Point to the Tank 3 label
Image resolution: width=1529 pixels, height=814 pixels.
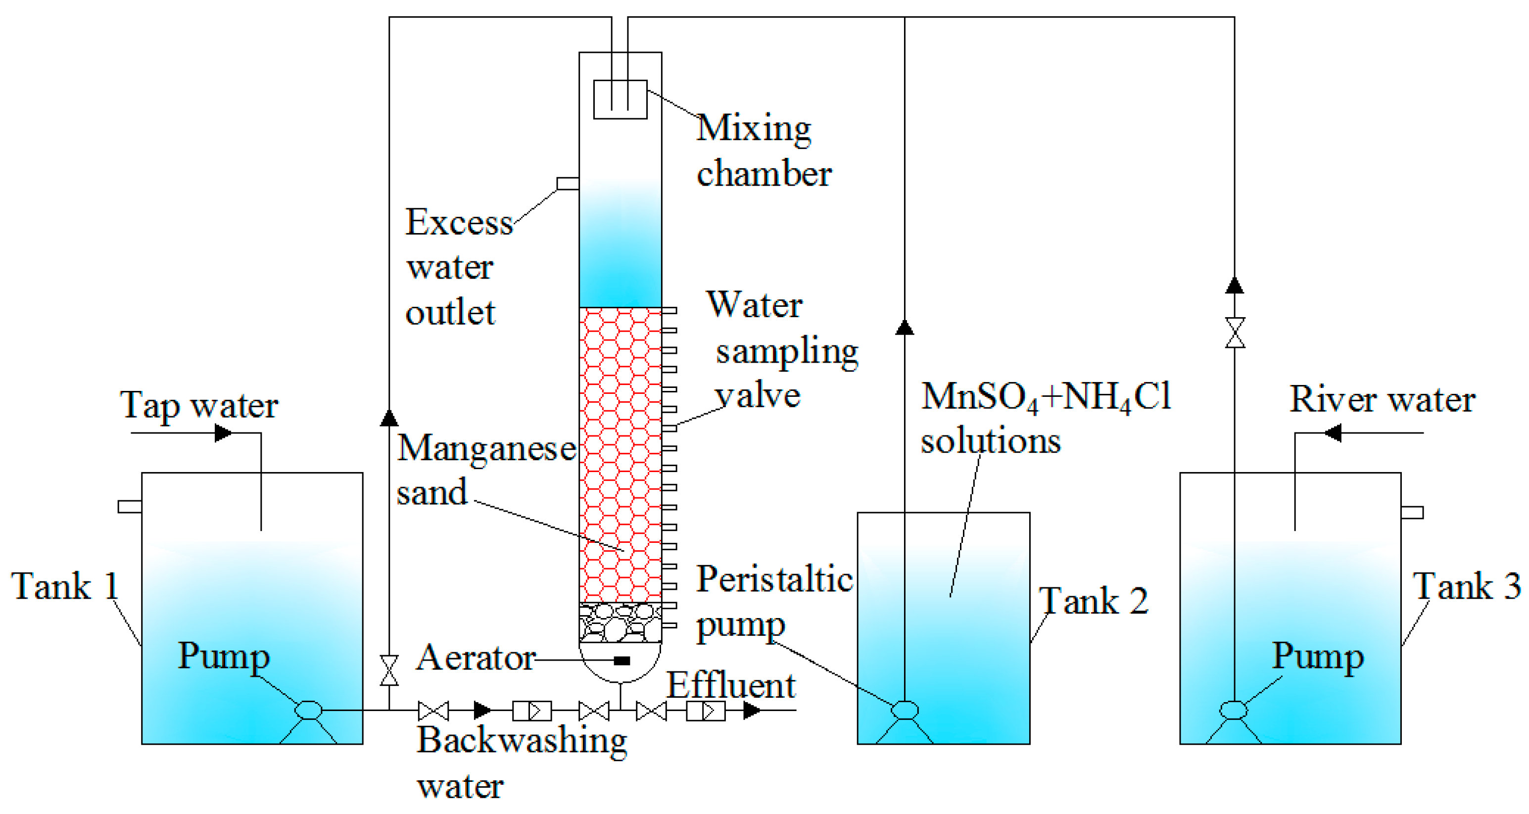(1466, 586)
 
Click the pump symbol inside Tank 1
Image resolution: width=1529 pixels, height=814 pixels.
(309, 710)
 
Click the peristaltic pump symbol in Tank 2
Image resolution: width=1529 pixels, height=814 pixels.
(905, 710)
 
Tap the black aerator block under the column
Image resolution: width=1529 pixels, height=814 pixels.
(621, 660)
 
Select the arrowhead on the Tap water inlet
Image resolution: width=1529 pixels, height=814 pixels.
(223, 433)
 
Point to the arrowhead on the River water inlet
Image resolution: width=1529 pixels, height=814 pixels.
(1333, 433)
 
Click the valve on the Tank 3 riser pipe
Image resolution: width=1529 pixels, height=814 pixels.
(1235, 333)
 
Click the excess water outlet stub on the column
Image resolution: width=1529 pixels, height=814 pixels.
(568, 184)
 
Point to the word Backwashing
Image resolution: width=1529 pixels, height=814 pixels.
(521, 741)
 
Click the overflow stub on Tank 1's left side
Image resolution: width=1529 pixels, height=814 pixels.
(129, 506)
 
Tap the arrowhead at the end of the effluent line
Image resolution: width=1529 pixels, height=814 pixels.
(752, 710)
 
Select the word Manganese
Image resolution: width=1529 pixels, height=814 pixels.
(486, 448)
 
